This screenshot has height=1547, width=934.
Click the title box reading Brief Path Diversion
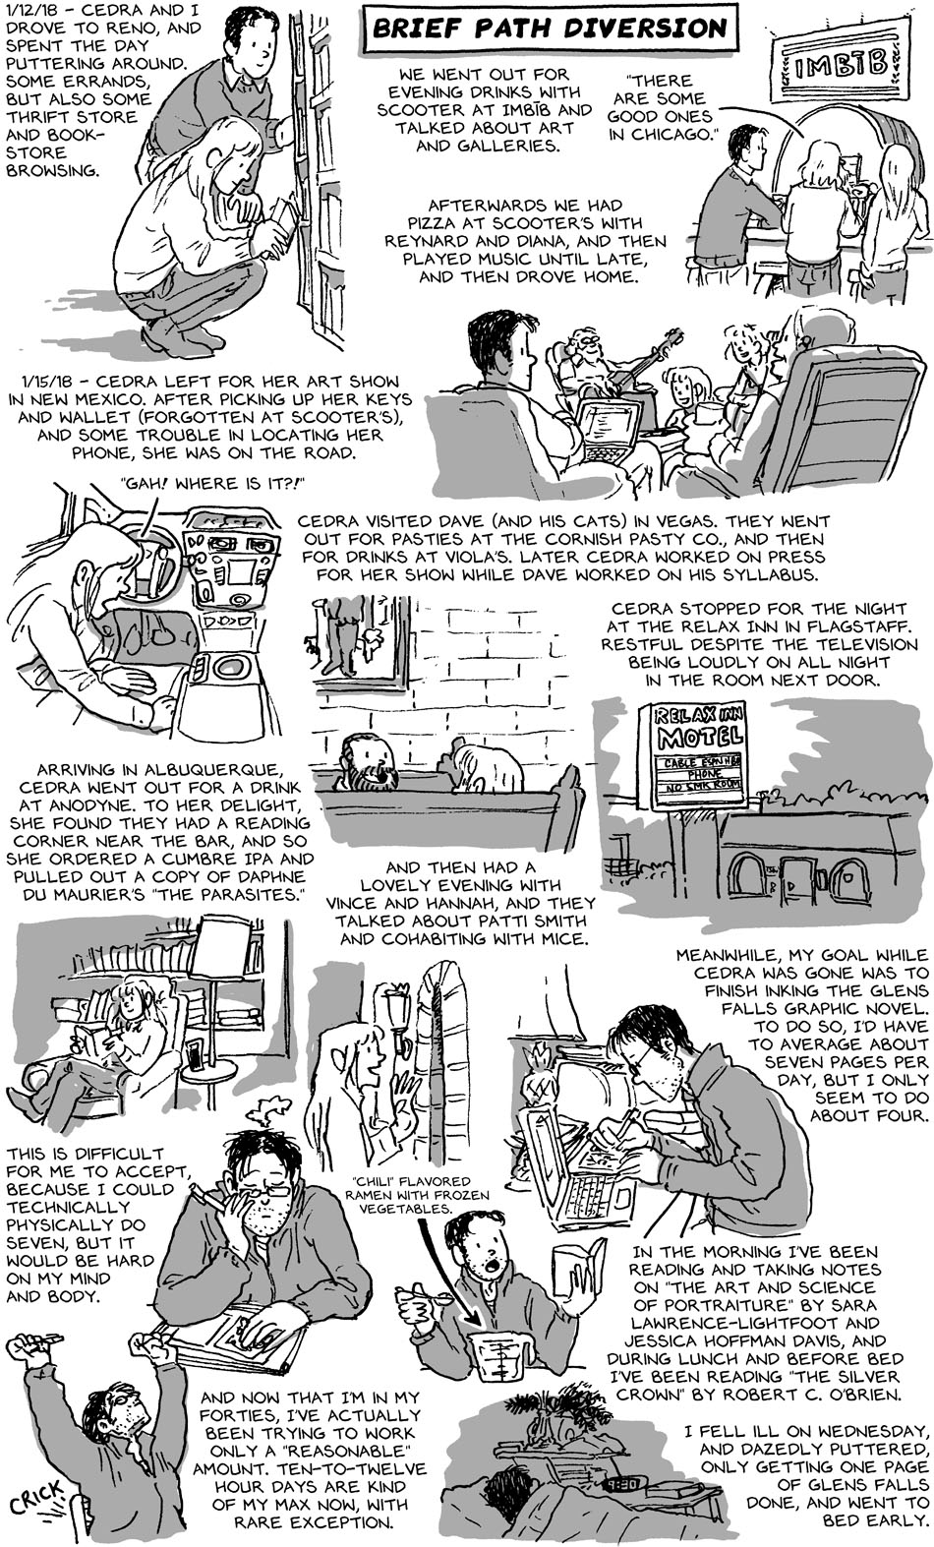point(551,29)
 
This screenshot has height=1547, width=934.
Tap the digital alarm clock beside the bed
point(621,1483)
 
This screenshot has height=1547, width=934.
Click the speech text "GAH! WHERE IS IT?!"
point(211,484)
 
